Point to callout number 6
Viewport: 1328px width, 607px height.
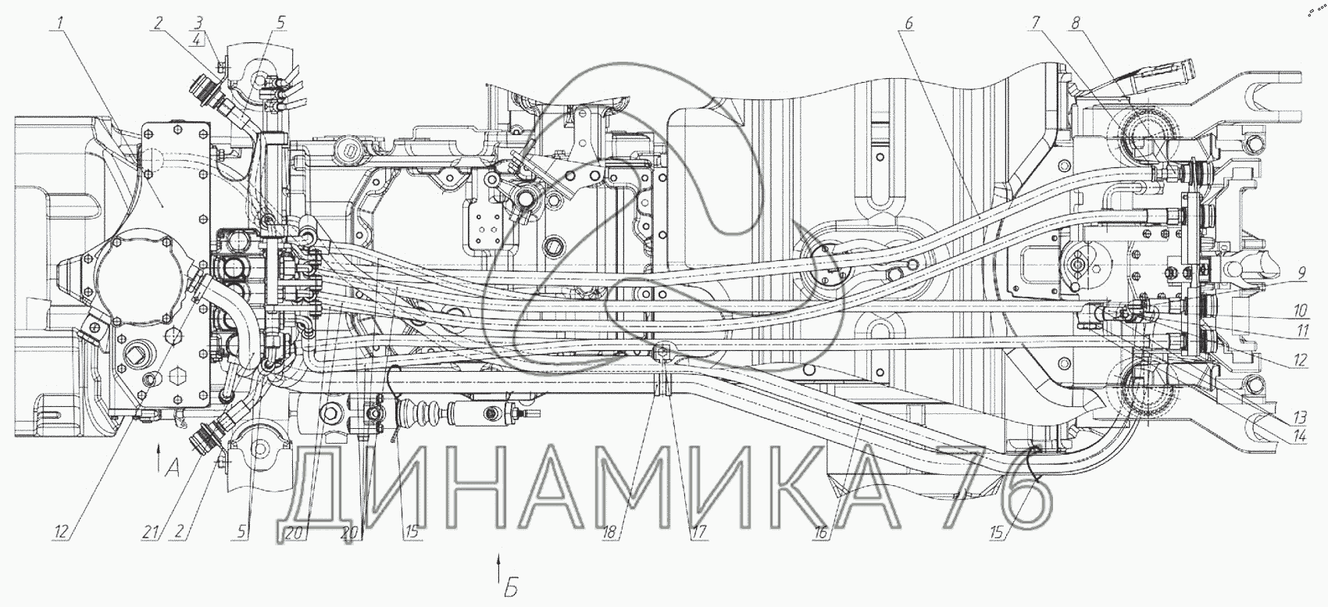pos(909,23)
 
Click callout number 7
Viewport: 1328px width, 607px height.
pos(1036,23)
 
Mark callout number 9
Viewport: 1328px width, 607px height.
pos(1301,274)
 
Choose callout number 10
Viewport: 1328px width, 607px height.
pos(1300,311)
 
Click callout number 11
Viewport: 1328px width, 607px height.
pos(1300,330)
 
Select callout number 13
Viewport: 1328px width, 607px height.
pos(1300,415)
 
